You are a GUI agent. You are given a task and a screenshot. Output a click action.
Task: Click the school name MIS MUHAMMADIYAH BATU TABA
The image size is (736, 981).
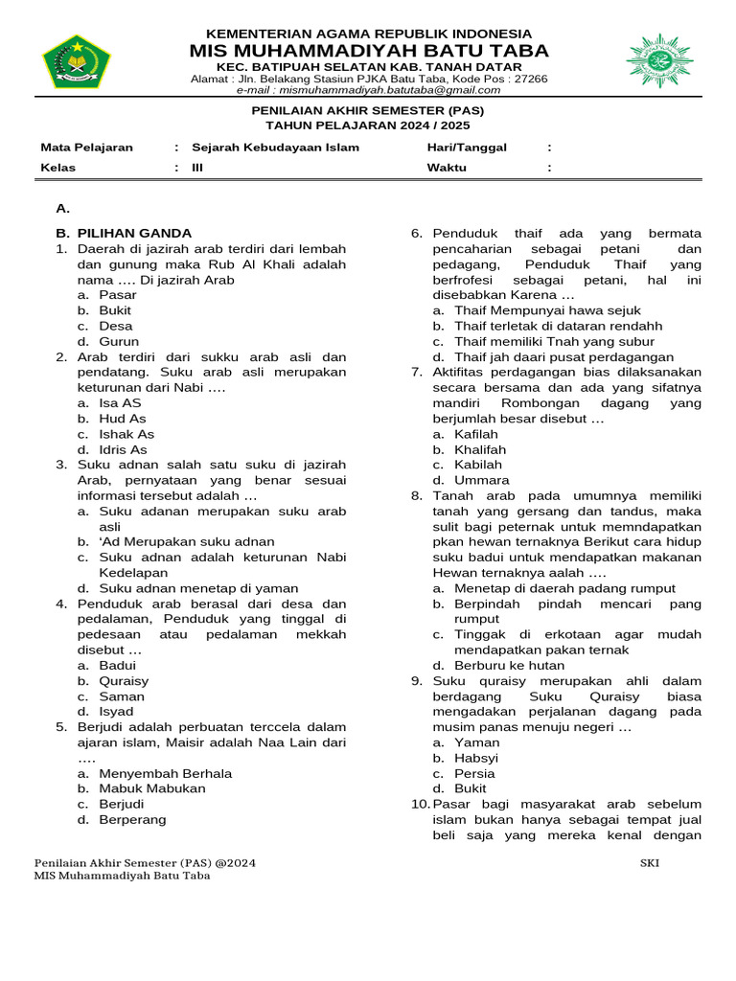tap(369, 51)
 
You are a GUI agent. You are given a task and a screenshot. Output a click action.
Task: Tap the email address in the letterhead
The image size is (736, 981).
tap(369, 90)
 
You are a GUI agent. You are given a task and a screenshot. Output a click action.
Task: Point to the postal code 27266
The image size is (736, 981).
tap(530, 79)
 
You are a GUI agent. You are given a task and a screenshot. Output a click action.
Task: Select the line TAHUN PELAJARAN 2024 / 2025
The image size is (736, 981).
tap(368, 125)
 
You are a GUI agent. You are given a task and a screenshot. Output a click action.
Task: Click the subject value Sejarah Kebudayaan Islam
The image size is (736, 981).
tap(275, 148)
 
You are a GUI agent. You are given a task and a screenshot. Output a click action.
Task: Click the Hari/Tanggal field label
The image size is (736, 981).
tap(467, 148)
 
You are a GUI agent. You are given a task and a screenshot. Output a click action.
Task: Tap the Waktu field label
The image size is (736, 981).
tap(447, 167)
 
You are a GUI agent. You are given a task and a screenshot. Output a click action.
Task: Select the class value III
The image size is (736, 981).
tap(197, 167)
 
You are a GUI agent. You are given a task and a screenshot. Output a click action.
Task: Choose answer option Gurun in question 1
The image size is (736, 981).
tap(119, 341)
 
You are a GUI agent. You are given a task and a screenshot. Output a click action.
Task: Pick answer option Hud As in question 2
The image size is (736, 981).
tap(123, 419)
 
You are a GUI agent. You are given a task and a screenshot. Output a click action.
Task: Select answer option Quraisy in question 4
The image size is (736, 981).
tap(124, 681)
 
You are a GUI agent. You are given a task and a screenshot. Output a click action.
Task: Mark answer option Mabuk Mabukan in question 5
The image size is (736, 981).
tap(152, 788)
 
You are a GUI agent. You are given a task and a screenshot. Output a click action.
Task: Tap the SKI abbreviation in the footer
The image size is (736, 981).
tap(649, 862)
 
